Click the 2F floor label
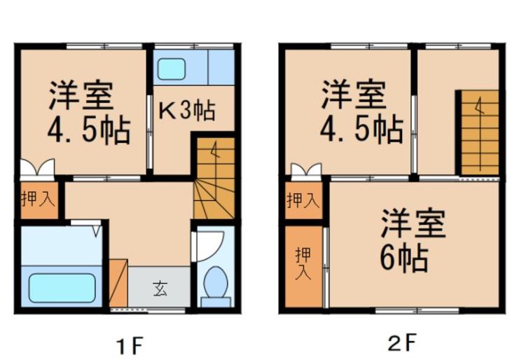pos(401,342)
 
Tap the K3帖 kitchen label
pos(187,111)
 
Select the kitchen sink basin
pos(171,69)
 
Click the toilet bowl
pos(216,282)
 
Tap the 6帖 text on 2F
pos(404,258)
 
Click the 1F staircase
pos(214,178)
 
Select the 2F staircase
pos(480,132)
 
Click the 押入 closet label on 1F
pos(38,198)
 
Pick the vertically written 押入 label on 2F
pos(303,264)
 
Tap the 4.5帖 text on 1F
pos(89,131)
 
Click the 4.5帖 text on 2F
pos(361,130)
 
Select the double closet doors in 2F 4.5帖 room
pos(306,169)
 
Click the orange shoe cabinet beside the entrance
pos(118,283)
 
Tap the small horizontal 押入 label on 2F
pos(303,200)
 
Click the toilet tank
pos(216,302)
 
